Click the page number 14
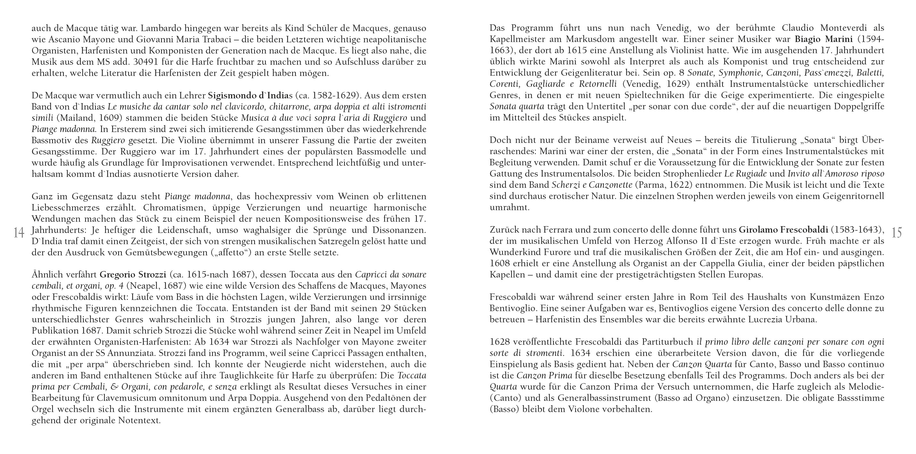click(x=19, y=233)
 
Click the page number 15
click(x=897, y=233)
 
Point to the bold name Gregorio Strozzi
click(x=133, y=275)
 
